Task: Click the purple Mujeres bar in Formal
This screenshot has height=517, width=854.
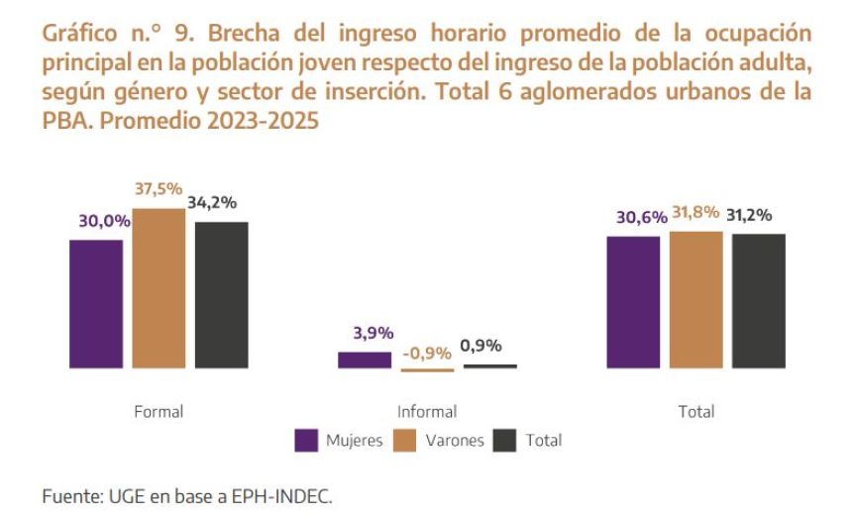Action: tap(96, 304)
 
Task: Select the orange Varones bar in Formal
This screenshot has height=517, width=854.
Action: tap(160, 289)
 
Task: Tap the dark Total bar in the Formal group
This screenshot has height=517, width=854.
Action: tap(221, 295)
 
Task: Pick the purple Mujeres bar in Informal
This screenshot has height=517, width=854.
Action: tap(365, 360)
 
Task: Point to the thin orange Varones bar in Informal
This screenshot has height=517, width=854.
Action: tap(427, 370)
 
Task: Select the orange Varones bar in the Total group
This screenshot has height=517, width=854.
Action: tap(696, 300)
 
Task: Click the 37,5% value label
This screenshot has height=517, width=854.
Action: tap(159, 190)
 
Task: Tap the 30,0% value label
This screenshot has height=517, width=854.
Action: tap(104, 222)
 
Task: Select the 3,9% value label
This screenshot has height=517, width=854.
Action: tap(374, 334)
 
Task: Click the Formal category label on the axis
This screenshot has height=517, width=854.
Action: tap(160, 411)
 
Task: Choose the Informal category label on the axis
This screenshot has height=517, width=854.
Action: tap(427, 411)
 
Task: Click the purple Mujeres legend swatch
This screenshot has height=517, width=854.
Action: tap(307, 441)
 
